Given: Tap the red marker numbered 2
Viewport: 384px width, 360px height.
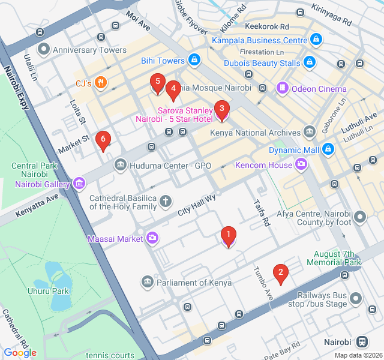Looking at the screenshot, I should coord(280,273).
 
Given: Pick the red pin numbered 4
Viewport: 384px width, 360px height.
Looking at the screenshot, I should coord(173,91).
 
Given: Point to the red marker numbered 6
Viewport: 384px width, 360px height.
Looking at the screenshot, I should coord(103,141).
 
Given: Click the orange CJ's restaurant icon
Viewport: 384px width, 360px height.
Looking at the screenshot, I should coord(101,83).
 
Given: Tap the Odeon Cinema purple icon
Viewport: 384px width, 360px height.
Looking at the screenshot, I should coord(282,89).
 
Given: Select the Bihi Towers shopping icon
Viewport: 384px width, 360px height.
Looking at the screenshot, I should coord(194,61).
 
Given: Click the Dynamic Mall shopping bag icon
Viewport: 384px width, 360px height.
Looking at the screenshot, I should coord(328,149).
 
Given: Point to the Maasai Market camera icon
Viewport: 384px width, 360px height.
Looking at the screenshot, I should coord(152,239).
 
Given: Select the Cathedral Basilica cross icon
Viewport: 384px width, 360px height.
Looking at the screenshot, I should coord(166,202).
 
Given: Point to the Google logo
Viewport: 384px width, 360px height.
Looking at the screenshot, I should coord(20,352).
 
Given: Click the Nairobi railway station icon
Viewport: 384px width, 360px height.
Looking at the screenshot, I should coord(362,342).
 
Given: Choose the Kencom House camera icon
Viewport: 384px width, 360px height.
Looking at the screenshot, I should coord(301,165).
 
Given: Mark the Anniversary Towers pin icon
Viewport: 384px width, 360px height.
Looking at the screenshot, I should coord(43,50).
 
